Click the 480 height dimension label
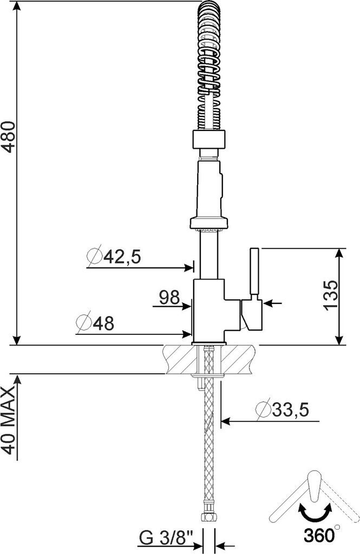tap(9, 137)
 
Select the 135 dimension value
tap(331, 295)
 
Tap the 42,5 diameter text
tap(122, 256)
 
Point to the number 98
tap(169, 298)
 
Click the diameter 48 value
tap(103, 324)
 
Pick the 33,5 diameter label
tap(291, 410)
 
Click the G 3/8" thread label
tap(166, 539)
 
